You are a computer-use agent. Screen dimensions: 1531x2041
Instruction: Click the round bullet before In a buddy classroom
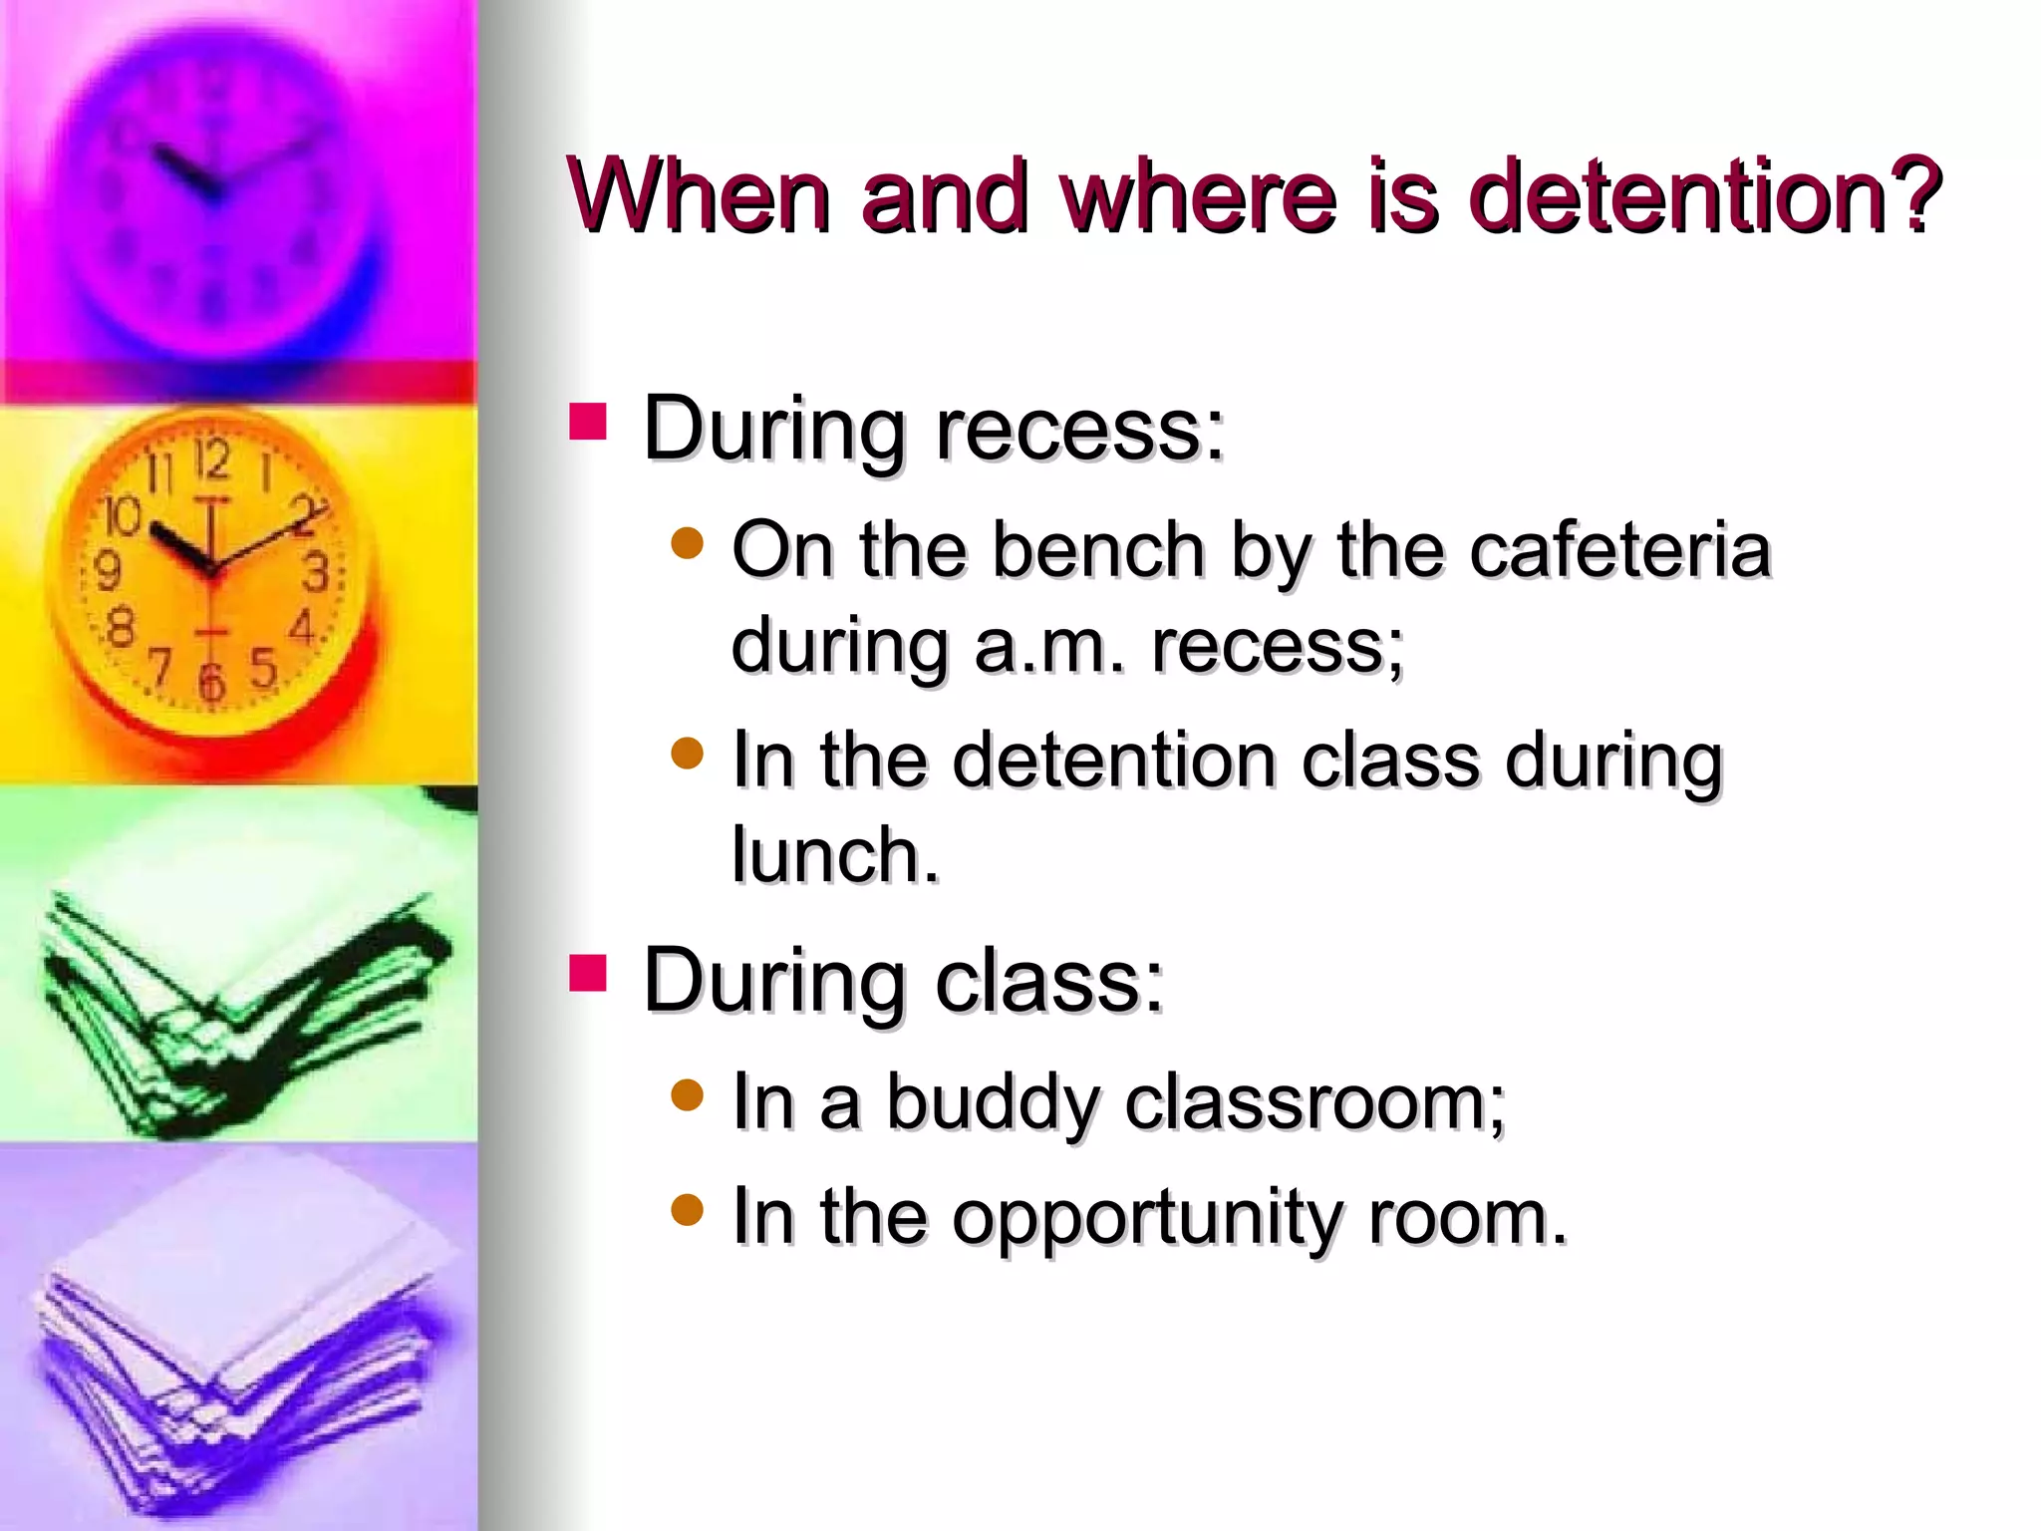[688, 1096]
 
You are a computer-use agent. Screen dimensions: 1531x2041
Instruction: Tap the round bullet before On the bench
[688, 544]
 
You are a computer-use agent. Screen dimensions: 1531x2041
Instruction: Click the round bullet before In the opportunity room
[688, 1210]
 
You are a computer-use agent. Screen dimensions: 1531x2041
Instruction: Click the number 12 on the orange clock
[211, 459]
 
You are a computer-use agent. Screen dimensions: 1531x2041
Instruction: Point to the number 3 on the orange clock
[316, 572]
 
